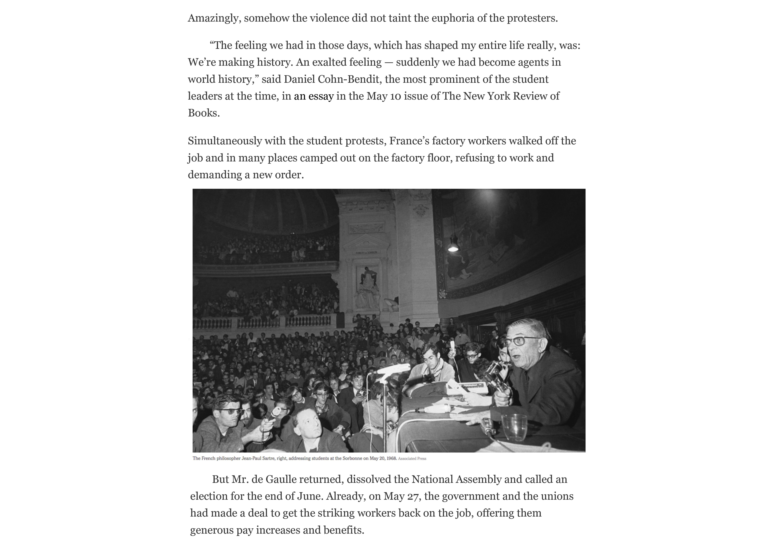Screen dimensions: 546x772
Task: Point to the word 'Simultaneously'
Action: tap(225, 141)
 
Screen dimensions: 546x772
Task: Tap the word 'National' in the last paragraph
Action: tap(432, 479)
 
